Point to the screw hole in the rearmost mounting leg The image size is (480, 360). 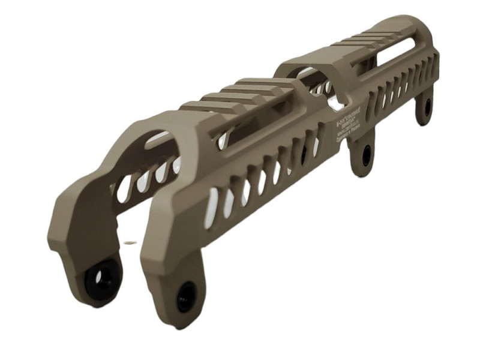(x=427, y=107)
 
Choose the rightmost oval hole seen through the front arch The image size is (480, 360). (x=176, y=166)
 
